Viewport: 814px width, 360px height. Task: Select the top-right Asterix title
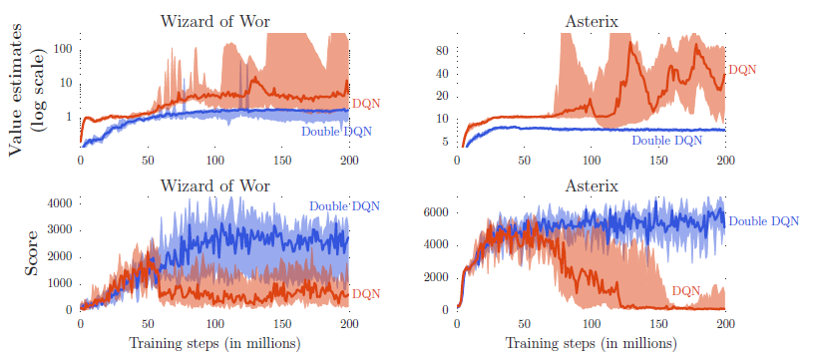click(x=591, y=21)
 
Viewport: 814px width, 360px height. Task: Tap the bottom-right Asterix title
click(x=591, y=185)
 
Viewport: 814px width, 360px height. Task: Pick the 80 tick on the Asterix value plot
click(x=441, y=51)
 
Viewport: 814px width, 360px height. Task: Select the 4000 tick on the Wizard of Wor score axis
click(x=58, y=202)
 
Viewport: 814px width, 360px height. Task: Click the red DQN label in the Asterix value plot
click(x=743, y=69)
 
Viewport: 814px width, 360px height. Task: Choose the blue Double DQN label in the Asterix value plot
click(x=666, y=140)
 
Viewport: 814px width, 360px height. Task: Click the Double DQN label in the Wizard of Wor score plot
click(x=345, y=206)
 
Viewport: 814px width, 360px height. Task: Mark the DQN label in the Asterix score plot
click(x=685, y=290)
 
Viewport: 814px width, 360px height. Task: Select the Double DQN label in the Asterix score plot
click(x=764, y=221)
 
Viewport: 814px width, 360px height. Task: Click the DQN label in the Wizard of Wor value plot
click(x=366, y=104)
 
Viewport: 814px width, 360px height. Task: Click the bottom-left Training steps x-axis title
click(x=214, y=343)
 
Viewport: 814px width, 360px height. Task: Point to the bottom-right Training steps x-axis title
click(x=591, y=343)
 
